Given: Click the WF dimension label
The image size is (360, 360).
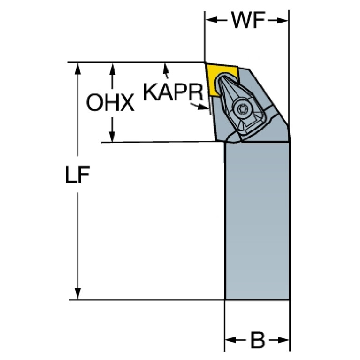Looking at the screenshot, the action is coord(248,20).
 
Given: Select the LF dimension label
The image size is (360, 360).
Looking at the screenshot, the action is coord(77,174).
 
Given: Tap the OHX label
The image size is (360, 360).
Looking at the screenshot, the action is coord(110,102).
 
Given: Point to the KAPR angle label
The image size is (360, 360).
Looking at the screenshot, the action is coord(173,92).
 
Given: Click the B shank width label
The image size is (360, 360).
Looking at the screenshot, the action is coord(258,340).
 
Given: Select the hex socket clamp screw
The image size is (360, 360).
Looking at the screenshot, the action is coord(242,108).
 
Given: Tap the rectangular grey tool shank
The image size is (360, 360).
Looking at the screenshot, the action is coord(257,221).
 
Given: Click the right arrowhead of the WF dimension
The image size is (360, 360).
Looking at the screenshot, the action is coord(282,20).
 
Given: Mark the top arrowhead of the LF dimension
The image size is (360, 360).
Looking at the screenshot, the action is coord(78,69).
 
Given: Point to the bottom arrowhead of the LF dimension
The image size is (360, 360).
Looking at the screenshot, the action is coord(78,293).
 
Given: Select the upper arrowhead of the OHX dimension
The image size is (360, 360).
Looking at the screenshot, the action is coord(112,69).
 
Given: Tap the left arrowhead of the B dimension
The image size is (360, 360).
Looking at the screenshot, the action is coord(231,340).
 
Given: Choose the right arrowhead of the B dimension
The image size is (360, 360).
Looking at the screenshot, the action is coord(283,340).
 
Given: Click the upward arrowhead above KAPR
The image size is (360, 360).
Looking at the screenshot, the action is coord(166,68).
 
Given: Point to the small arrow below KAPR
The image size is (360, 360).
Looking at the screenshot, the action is coord(199,106).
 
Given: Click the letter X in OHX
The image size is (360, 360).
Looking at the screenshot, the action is coord(126,103).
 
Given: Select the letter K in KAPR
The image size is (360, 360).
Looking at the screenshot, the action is coord(150,92).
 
